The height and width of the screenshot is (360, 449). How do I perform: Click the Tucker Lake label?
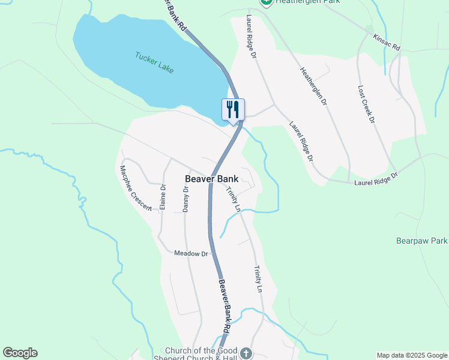click(154, 62)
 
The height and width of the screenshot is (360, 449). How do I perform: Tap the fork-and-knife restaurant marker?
click(233, 110)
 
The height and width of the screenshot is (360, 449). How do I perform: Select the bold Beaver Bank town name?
click(211, 179)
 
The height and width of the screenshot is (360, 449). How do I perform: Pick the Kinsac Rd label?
click(386, 42)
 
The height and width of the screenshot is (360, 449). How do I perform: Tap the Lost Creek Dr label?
click(366, 103)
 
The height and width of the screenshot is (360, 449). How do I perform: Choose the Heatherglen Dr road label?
click(313, 86)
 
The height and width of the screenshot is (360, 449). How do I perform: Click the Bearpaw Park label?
click(422, 241)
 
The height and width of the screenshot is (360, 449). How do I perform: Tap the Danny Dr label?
click(185, 199)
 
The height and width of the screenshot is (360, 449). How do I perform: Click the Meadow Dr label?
click(190, 254)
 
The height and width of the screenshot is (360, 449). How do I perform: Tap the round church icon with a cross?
click(246, 353)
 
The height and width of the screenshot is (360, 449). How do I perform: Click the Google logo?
click(20, 353)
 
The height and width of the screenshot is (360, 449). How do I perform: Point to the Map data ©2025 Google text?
click(412, 355)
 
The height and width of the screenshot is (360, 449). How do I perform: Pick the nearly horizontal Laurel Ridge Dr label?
click(376, 178)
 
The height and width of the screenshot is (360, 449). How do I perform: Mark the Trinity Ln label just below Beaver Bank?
click(234, 200)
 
